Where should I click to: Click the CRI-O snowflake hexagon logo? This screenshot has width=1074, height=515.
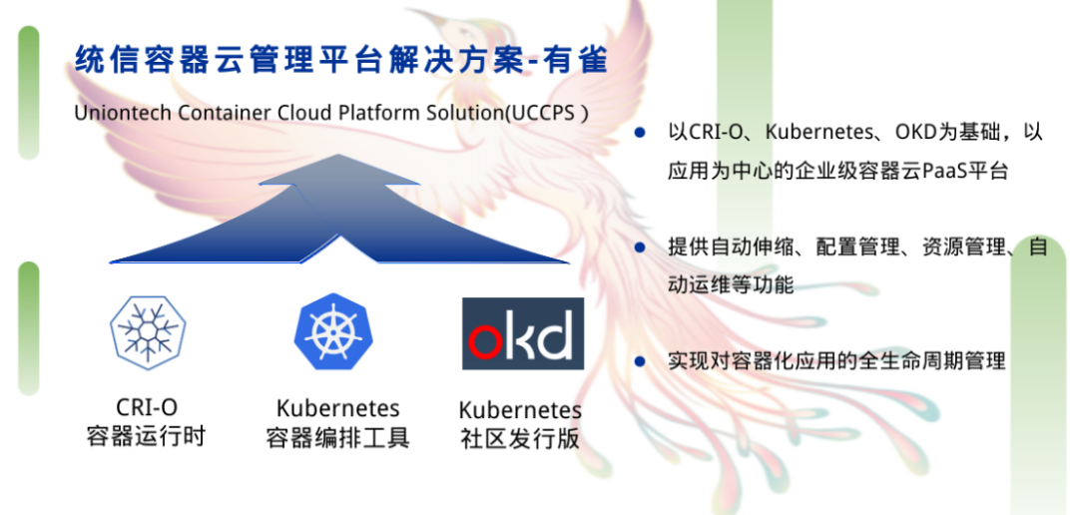click(x=148, y=330)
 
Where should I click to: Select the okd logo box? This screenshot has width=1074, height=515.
click(x=522, y=333)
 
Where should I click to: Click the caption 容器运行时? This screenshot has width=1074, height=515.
click(x=146, y=436)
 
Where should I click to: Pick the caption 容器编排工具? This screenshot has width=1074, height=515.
click(x=337, y=437)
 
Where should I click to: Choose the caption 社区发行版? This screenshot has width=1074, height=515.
click(x=520, y=439)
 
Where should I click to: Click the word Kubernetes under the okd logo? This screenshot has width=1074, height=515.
click(x=520, y=410)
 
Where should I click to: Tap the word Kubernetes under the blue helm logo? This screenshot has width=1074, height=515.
click(x=337, y=408)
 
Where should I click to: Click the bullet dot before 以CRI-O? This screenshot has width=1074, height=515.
click(x=640, y=133)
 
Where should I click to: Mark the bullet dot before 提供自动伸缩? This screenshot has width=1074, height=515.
click(x=640, y=247)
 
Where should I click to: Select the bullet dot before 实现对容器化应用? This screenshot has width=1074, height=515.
click(x=640, y=360)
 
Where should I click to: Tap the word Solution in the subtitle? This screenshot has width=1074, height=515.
click(x=460, y=113)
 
